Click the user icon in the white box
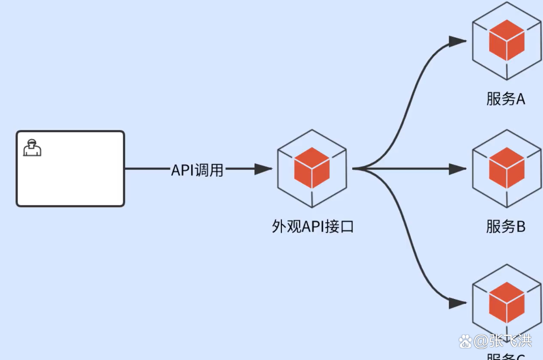click(32, 148)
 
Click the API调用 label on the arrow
click(197, 170)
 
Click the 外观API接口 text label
click(312, 226)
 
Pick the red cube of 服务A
click(507, 40)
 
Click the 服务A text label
click(506, 99)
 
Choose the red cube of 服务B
click(507, 168)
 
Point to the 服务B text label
click(506, 226)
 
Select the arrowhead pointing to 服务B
click(458, 169)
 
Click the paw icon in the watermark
click(466, 341)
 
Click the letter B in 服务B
click(520, 226)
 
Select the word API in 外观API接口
click(312, 226)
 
